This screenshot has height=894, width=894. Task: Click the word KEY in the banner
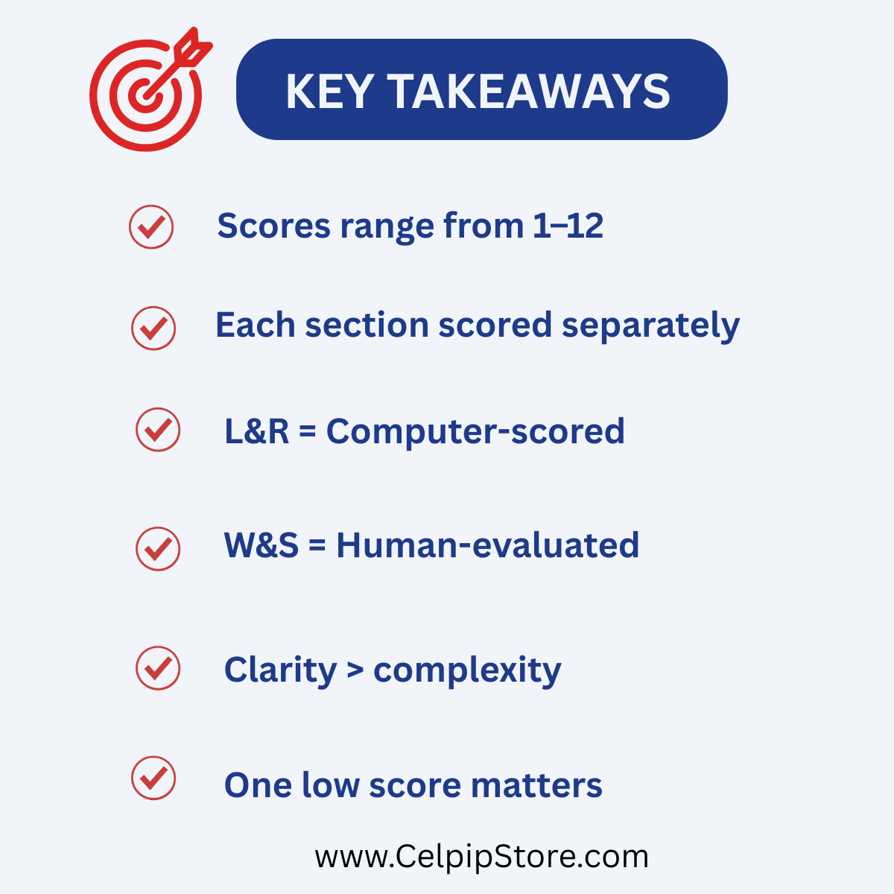(329, 92)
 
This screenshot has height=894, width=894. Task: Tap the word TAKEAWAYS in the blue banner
(528, 92)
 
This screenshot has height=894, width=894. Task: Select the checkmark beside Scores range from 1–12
(151, 227)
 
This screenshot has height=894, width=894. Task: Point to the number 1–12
(568, 226)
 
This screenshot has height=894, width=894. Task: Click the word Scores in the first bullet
(273, 226)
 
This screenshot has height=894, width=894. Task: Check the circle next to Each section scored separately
(153, 328)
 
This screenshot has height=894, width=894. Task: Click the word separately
(650, 327)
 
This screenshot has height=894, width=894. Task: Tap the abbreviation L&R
(256, 431)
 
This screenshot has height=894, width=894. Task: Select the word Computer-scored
(475, 432)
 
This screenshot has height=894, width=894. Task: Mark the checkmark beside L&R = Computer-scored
(158, 430)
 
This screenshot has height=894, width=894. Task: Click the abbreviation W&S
(261, 545)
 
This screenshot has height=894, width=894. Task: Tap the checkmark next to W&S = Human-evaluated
(158, 549)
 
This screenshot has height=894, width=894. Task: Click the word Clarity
(280, 670)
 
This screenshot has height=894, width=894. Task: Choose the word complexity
(467, 670)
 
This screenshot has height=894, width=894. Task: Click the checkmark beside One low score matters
(153, 778)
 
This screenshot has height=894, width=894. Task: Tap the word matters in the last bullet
(536, 786)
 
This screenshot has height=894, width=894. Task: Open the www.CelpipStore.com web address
(481, 857)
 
